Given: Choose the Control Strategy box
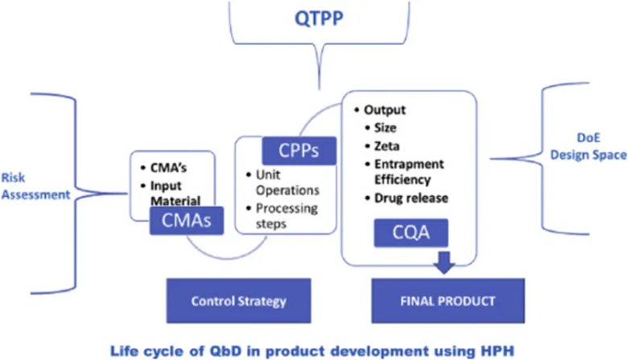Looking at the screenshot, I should (x=227, y=302).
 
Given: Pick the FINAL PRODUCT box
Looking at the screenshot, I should (x=448, y=302).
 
